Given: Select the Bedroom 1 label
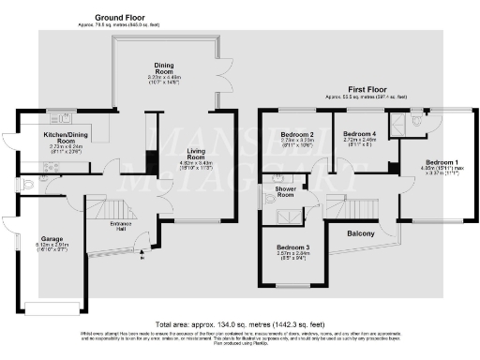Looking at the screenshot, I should pos(434,162).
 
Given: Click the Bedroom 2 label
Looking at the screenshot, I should pos(296,135).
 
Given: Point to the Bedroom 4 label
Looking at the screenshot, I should pos(359,135).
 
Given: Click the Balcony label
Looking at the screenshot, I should pos(361,233).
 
